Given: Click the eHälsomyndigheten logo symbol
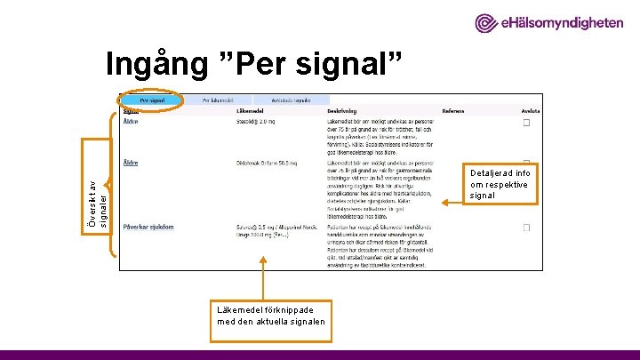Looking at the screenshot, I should (x=486, y=24).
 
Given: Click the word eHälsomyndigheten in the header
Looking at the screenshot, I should (x=561, y=24).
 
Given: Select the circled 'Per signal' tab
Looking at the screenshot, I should (x=151, y=101).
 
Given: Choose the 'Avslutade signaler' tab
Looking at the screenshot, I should (x=289, y=101).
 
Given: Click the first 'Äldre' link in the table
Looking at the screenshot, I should (x=130, y=122).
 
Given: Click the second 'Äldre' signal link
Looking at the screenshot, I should (x=130, y=163).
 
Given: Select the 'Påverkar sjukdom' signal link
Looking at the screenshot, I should (x=148, y=228).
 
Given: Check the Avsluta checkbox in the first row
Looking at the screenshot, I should (x=526, y=124).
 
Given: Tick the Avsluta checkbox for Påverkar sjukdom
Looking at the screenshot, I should (x=526, y=228).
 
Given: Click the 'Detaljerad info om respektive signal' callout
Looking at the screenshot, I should (x=499, y=184).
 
